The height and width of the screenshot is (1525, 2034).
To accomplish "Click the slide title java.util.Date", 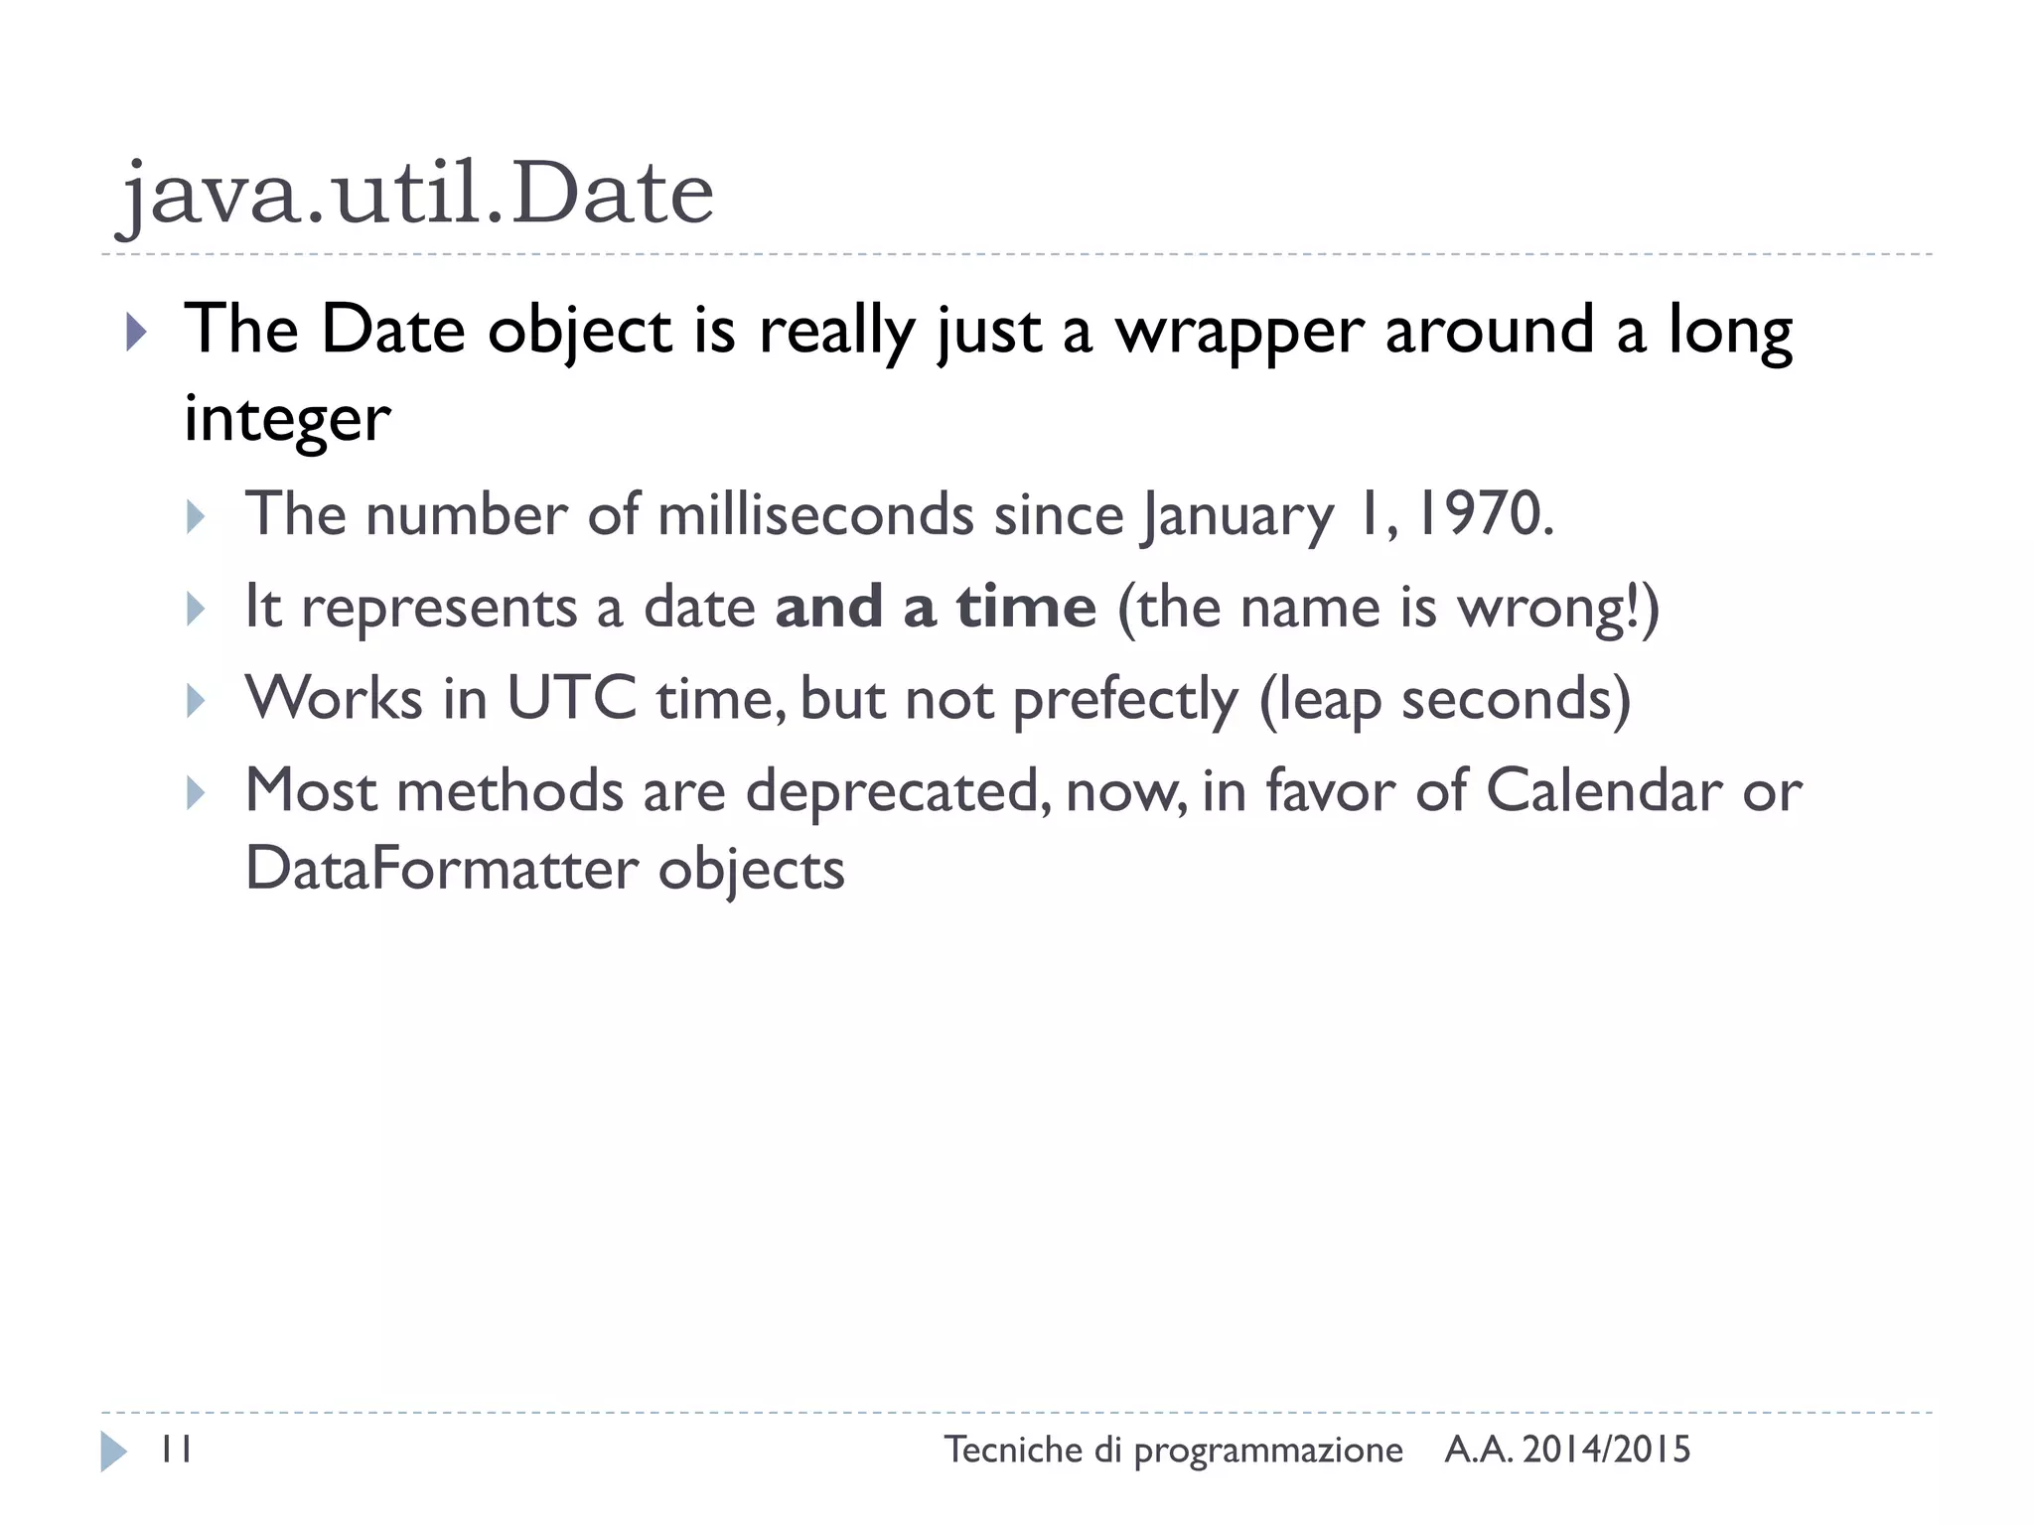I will (x=415, y=193).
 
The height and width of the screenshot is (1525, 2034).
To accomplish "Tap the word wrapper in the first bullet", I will (x=1238, y=331).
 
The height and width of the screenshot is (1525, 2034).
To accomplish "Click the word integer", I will (x=287, y=419).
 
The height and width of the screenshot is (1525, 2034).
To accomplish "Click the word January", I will (x=1237, y=516).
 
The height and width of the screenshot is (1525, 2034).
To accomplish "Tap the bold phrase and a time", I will (x=935, y=607).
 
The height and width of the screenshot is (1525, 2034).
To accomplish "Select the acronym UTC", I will (x=571, y=698).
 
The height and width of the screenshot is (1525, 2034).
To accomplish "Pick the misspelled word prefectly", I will (x=1125, y=700).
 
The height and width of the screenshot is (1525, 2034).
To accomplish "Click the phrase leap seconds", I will (x=1445, y=700).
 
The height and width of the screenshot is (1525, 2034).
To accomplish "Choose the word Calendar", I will (x=1604, y=791).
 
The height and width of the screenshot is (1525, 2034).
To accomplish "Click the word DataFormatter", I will (x=441, y=869).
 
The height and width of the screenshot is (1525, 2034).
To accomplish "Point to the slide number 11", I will (x=176, y=1451).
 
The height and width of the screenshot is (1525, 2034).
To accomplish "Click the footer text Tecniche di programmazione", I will (x=1173, y=1451).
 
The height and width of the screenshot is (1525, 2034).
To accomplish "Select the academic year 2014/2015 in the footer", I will (x=1606, y=1451).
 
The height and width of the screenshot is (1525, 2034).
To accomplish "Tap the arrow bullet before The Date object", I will (x=136, y=333).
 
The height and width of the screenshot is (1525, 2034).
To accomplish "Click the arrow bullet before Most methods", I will (x=196, y=793).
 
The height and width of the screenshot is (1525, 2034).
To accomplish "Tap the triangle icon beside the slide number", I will (x=113, y=1452).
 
